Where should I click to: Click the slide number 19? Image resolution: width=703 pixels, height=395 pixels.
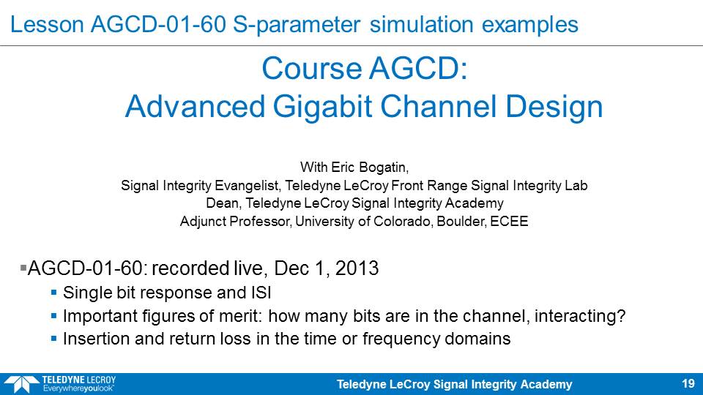click(688, 383)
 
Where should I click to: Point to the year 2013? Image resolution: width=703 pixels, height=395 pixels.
click(357, 268)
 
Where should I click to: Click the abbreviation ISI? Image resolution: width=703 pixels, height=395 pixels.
click(261, 293)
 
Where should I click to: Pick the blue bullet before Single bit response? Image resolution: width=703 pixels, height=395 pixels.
click(53, 293)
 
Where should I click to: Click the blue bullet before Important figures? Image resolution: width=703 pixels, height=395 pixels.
click(53, 316)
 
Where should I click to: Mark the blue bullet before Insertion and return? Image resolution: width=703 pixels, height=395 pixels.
click(53, 339)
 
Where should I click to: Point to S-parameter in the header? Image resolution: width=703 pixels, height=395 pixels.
click(297, 24)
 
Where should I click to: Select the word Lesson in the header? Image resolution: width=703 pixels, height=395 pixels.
click(47, 24)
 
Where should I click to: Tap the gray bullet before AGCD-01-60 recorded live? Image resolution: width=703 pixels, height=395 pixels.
click(23, 268)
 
